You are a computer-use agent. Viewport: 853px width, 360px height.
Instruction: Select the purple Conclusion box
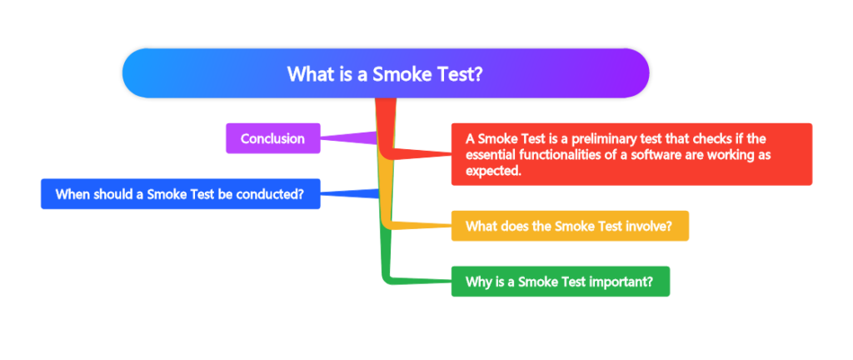coord(272,138)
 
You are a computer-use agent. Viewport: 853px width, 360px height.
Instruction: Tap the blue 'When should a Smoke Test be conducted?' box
coord(180,194)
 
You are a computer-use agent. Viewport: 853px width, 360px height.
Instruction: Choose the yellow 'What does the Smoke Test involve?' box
coord(570,226)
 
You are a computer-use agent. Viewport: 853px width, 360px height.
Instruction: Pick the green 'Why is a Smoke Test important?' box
coord(560,282)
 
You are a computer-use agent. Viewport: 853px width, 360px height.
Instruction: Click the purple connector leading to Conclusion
coord(346,137)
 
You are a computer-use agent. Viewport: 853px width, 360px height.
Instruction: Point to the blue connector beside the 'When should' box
coord(350,194)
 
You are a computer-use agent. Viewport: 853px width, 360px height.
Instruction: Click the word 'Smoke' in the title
coord(401,73)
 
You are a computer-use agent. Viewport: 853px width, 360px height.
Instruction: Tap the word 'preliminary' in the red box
coord(595,138)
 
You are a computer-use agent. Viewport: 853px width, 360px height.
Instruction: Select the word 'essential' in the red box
coord(491,155)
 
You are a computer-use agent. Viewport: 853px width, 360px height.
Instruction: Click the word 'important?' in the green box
coord(621,282)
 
